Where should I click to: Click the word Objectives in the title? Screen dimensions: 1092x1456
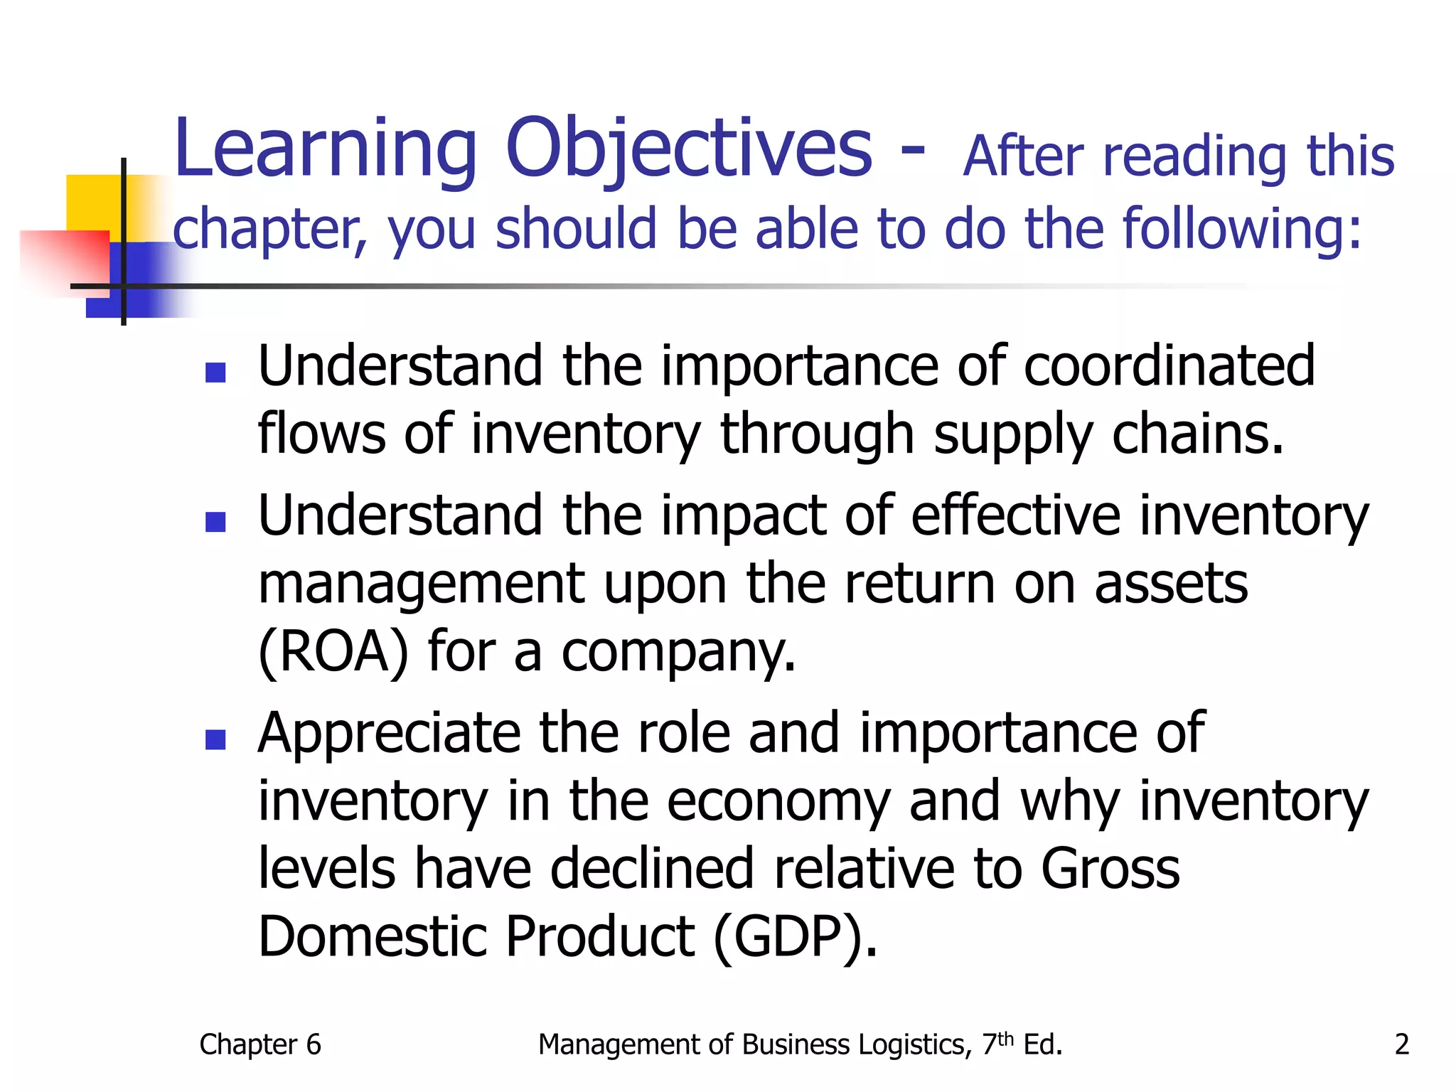(x=688, y=149)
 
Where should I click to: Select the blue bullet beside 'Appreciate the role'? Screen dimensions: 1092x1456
(x=215, y=740)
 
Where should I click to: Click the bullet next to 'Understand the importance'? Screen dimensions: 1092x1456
(x=215, y=373)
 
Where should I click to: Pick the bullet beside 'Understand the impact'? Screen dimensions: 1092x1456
(x=215, y=523)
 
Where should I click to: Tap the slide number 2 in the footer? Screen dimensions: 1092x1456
(x=1401, y=1044)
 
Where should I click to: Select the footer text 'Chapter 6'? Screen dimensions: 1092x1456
(x=260, y=1044)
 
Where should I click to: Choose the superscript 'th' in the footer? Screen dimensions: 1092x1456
(x=1005, y=1038)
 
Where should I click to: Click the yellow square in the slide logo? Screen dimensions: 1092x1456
(x=93, y=203)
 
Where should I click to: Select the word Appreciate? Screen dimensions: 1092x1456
(x=389, y=733)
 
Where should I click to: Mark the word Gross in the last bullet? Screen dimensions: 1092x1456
(x=1110, y=868)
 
